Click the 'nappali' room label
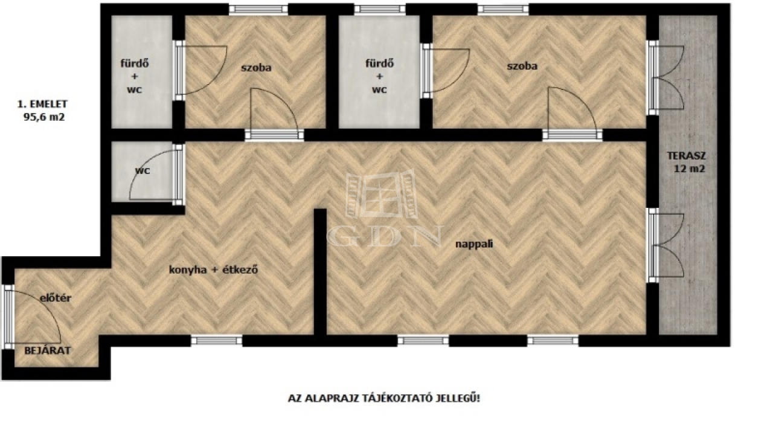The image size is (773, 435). [x=474, y=245]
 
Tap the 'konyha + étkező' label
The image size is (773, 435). [x=213, y=269]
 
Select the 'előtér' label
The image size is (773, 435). [x=56, y=298]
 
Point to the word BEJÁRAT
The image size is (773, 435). [x=47, y=350]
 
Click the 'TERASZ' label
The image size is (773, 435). [x=687, y=156]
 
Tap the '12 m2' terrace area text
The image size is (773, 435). [x=689, y=169]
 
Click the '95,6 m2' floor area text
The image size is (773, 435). [x=44, y=117]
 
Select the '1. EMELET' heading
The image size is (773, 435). [x=42, y=104]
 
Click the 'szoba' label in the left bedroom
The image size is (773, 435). [x=256, y=68]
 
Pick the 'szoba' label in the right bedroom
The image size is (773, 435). [x=522, y=66]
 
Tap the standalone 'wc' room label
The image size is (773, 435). [x=143, y=170]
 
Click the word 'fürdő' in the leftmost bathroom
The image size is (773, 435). [x=135, y=63]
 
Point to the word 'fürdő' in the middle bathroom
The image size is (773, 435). [x=380, y=63]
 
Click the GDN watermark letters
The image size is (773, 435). [x=385, y=236]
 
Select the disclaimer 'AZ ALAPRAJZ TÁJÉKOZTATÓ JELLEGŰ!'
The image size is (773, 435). [x=383, y=398]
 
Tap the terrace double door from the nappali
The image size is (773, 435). [x=666, y=245]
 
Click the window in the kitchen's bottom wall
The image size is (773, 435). [x=217, y=341]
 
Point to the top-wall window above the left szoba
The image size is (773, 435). [x=258, y=9]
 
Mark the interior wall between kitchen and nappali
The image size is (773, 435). [x=320, y=272]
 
